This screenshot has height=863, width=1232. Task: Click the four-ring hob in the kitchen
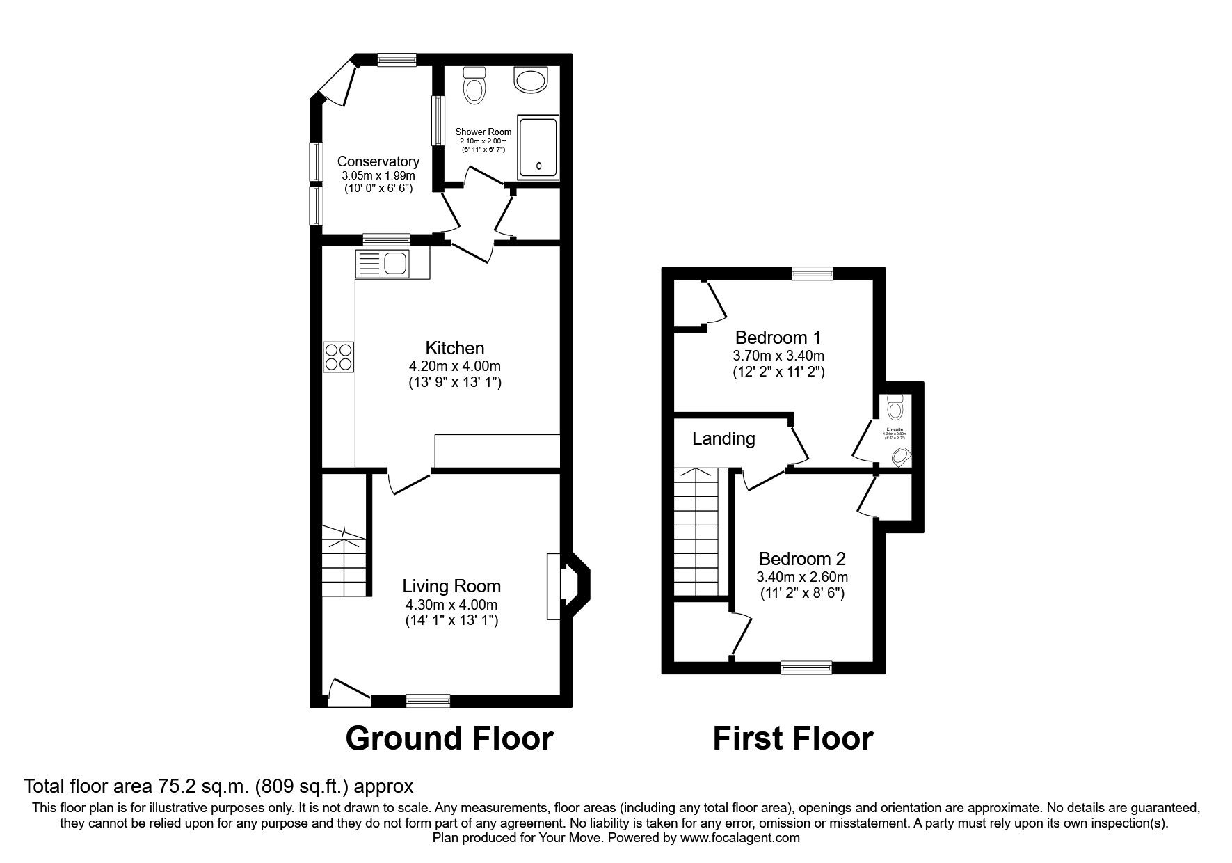pos(339,357)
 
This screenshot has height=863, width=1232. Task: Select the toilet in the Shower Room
pos(475,86)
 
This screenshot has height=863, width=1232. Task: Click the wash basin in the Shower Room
pos(532,79)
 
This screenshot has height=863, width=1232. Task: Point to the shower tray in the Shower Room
pos(538,148)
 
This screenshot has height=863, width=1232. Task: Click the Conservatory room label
pos(378,162)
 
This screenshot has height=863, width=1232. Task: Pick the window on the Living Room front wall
pos(428,700)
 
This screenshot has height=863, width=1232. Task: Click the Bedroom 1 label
pos(778,338)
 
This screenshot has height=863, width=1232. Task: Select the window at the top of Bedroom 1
pos(812,274)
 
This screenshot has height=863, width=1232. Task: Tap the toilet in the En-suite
pos(895,406)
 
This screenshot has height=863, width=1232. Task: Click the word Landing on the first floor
pos(723,438)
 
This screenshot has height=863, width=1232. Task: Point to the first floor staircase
pos(700,532)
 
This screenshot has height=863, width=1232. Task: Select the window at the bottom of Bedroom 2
pos(806,668)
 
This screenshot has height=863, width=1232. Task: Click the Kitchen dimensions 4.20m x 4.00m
pos(454,366)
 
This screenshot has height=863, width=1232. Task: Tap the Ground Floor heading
pos(449,738)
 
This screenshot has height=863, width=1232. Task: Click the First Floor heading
pos(792,738)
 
